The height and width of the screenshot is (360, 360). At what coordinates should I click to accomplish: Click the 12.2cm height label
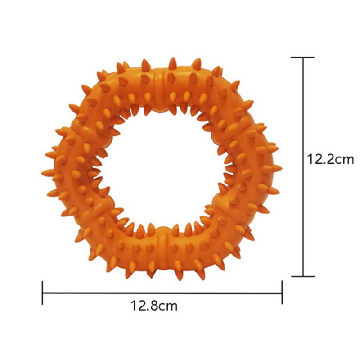click(x=330, y=159)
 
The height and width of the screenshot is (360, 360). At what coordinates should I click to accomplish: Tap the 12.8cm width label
click(x=154, y=306)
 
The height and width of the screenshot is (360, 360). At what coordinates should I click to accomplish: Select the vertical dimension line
click(x=303, y=167)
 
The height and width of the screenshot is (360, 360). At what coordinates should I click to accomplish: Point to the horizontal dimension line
click(x=162, y=293)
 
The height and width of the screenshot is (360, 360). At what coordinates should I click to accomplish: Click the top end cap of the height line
click(x=302, y=58)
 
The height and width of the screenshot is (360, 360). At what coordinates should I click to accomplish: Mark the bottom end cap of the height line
click(x=303, y=276)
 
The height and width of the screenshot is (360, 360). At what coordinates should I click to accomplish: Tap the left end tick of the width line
click(x=42, y=293)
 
